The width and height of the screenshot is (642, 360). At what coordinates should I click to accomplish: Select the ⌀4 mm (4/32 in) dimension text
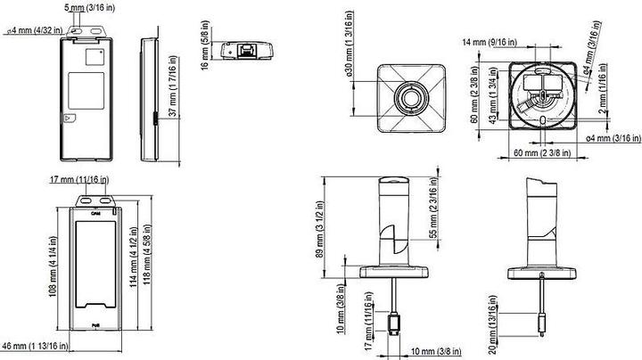34,30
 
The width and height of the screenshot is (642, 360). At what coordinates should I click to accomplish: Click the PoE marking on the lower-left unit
95,325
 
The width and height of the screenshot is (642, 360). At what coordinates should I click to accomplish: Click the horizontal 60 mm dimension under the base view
539,153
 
